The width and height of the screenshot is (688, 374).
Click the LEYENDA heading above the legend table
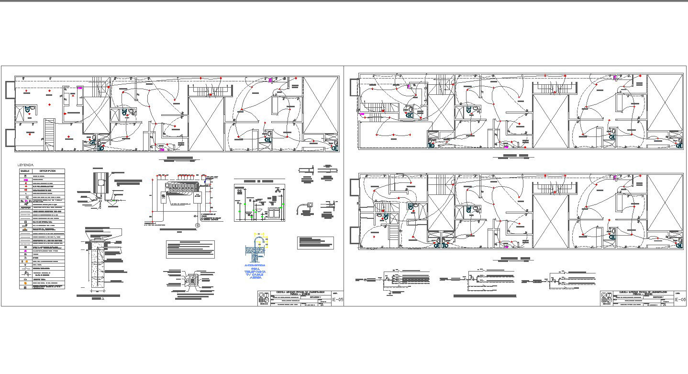[26, 165]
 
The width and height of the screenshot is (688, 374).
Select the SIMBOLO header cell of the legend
[25, 170]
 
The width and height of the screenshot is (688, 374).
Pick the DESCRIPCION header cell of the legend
[48, 170]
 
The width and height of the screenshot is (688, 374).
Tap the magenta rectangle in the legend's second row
[25, 180]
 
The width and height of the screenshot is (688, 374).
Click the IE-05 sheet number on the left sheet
[338, 300]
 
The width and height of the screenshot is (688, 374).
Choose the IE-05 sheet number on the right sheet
[680, 300]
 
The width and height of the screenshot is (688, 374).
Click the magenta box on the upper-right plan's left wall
[362, 114]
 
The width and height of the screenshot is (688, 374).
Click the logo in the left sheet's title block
[264, 298]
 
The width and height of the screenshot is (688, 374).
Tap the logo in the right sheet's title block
[607, 298]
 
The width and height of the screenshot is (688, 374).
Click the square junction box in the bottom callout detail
[192, 281]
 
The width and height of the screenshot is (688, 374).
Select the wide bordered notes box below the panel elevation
[190, 249]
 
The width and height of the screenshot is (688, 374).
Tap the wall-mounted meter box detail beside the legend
[100, 184]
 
